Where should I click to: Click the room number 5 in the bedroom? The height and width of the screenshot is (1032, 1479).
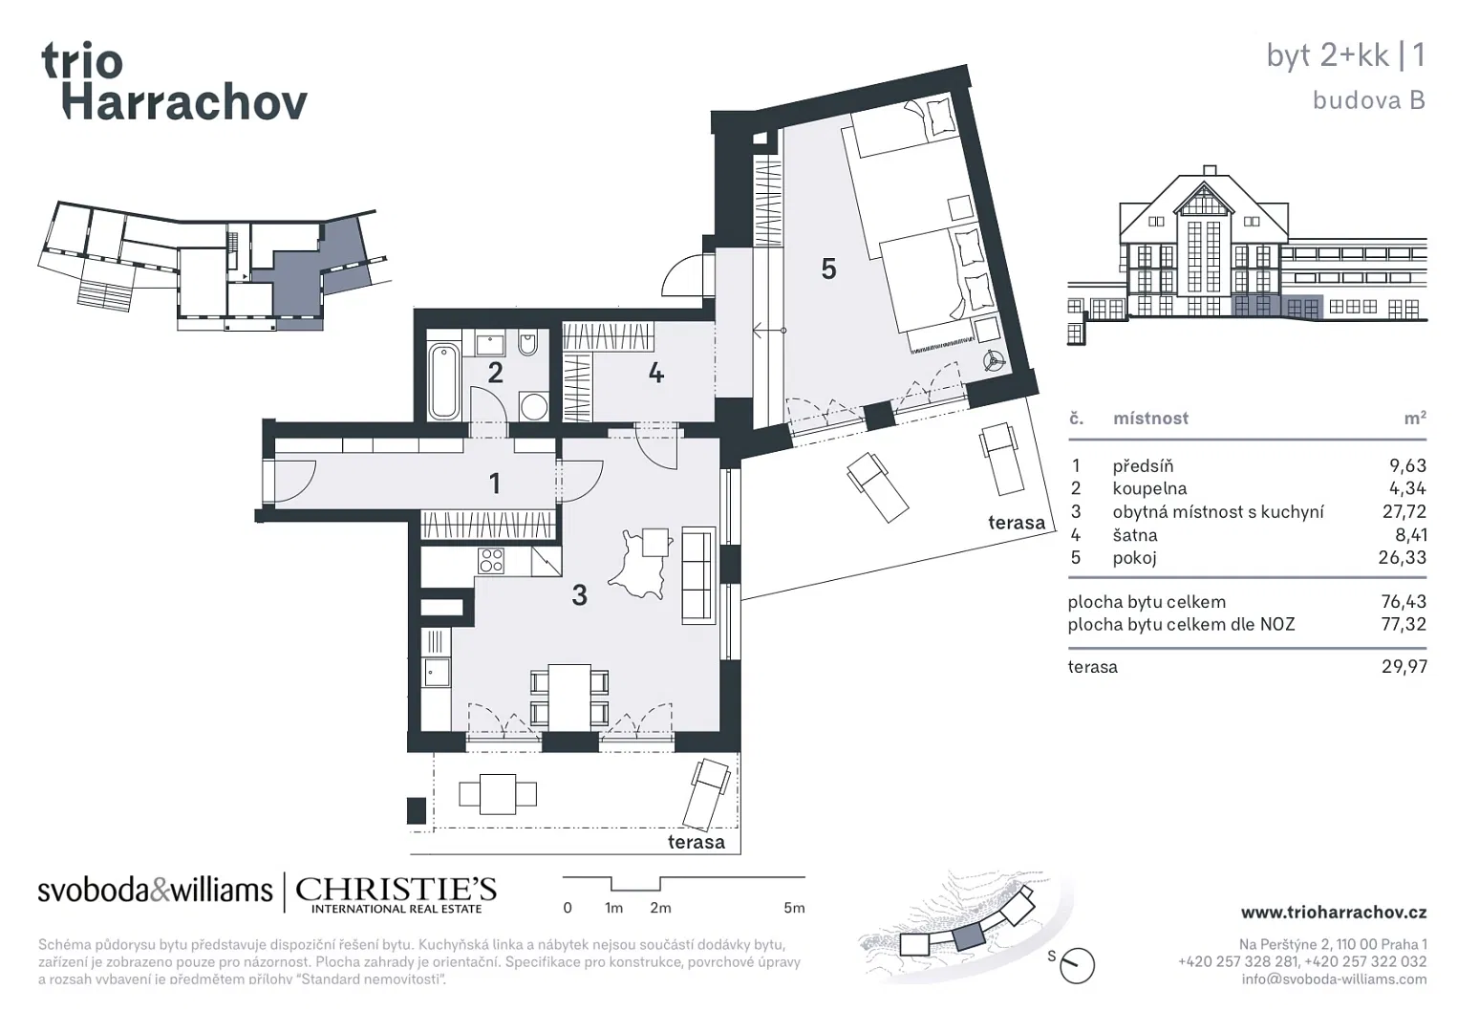(828, 269)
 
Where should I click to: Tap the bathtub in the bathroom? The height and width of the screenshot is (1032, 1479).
(443, 381)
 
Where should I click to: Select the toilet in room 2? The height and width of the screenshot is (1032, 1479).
(527, 343)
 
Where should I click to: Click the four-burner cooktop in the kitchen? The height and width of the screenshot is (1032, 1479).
(490, 561)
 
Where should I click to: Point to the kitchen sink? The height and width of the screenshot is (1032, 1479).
(437, 673)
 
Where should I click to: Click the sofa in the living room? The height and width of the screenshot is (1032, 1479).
(698, 574)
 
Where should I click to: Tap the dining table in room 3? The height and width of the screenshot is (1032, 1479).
(569, 698)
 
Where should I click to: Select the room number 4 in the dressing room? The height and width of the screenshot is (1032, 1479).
(655, 374)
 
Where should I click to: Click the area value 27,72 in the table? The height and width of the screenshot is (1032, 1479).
(1404, 512)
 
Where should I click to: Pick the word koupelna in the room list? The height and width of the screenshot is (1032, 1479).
(1149, 488)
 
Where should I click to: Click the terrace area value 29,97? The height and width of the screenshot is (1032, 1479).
(1404, 667)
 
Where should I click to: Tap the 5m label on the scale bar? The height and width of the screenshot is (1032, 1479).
(794, 908)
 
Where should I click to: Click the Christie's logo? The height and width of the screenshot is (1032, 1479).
(397, 894)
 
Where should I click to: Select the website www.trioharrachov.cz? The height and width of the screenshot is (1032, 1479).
(1334, 913)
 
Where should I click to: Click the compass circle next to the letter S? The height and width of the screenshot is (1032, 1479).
(1077, 966)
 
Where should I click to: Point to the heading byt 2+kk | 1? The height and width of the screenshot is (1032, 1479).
(1345, 55)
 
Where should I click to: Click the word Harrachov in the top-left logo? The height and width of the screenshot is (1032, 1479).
(185, 102)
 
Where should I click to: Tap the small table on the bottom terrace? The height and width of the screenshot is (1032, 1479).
(498, 794)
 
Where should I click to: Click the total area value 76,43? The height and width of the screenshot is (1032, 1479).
(1404, 602)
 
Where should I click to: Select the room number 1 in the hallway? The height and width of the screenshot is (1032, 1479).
(495, 484)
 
